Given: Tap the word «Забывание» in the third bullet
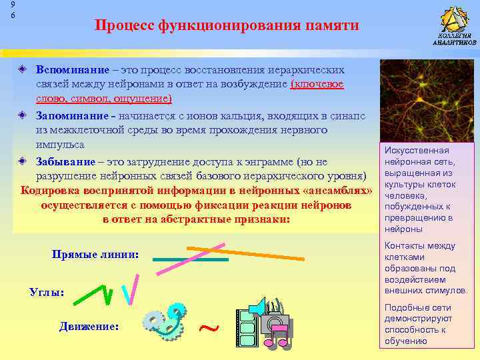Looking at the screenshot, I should [66, 161].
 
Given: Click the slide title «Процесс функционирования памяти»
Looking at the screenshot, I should [227, 25].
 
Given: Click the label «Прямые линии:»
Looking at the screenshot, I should [95, 255].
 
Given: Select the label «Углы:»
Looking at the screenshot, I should [47, 292].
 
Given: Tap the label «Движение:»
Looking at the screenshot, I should [89, 327].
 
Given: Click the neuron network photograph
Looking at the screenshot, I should [426, 100].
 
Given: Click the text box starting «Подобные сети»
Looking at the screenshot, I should [426, 324].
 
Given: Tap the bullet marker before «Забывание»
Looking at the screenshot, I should [22, 161].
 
